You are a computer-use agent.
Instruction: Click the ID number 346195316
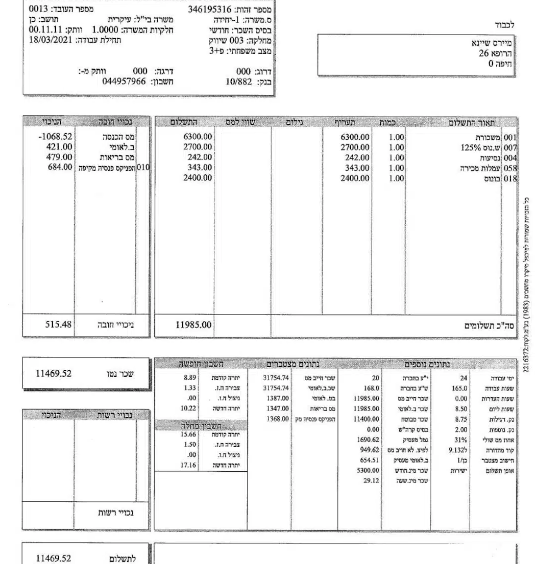coord(209,10)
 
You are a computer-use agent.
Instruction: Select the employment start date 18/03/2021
coord(50,40)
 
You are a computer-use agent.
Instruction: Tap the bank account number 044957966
coord(124,81)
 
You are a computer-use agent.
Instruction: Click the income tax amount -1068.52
coord(55,136)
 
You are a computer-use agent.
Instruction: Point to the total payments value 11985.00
coord(193,325)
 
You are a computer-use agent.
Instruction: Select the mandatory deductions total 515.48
coord(58,324)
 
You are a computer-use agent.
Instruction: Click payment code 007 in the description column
coord(510,148)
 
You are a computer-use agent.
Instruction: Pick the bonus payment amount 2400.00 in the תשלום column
coord(197,178)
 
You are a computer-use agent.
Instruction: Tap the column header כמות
coord(387,123)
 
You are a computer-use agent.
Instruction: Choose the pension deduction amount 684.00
coord(60,167)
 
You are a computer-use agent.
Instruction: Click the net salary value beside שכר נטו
coord(54,374)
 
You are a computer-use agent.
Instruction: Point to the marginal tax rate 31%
coord(461,440)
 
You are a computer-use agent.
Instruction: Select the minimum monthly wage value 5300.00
coord(368,471)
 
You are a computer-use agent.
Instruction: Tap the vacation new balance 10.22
coord(188,408)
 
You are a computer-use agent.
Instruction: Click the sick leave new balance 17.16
coord(188,465)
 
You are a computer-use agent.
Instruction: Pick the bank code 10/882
coord(239,82)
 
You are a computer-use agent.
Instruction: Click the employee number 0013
coord(38,9)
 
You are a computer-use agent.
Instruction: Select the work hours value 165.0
coord(459,388)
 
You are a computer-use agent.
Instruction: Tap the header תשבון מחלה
coord(201,426)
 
